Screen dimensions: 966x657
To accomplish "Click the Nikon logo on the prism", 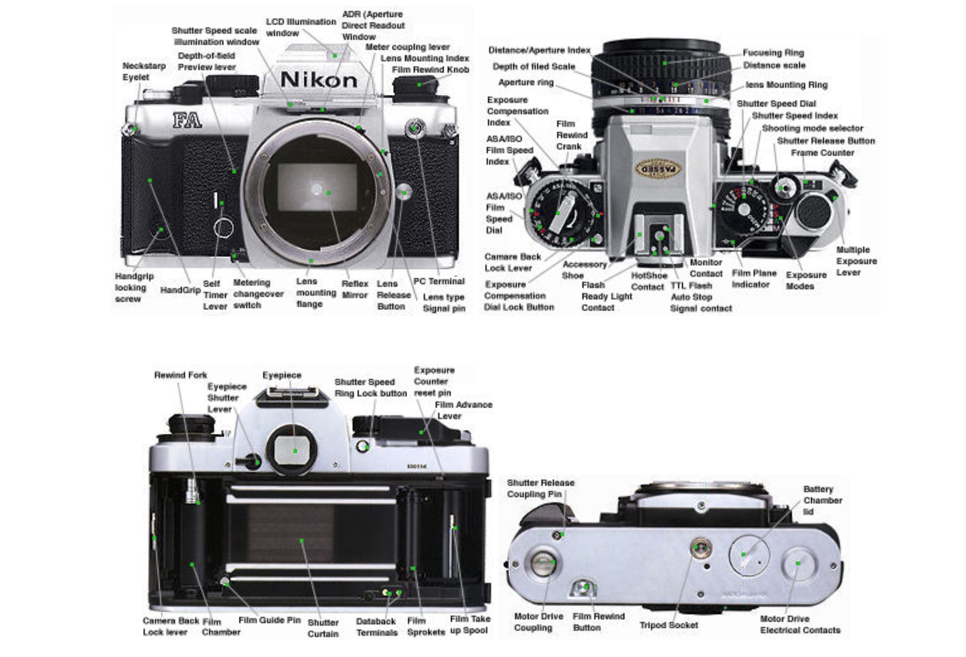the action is click(x=319, y=79).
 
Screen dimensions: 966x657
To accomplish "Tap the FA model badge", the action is click(x=187, y=120).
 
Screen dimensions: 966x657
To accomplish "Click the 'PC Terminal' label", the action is click(x=439, y=281).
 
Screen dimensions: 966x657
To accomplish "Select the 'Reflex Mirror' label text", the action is click(x=355, y=289).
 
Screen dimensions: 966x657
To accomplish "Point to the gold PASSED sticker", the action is click(x=658, y=169).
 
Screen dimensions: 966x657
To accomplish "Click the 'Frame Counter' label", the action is click(x=822, y=153).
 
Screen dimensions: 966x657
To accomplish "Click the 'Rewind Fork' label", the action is click(x=180, y=375).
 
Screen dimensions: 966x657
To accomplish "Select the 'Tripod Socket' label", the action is click(x=669, y=625).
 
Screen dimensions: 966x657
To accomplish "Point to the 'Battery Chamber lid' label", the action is click(x=822, y=500).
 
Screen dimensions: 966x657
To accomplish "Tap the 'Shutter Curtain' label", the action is click(x=323, y=628).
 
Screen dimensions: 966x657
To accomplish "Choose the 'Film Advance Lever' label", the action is click(x=464, y=410).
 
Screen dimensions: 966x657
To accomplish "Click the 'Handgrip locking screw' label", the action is click(x=134, y=288).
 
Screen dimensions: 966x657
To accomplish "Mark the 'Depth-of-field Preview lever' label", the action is click(x=207, y=61).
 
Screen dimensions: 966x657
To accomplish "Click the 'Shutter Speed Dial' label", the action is click(x=776, y=104).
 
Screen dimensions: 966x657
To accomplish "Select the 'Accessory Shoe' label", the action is click(x=584, y=270).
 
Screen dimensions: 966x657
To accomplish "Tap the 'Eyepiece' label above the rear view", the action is click(x=282, y=375).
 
